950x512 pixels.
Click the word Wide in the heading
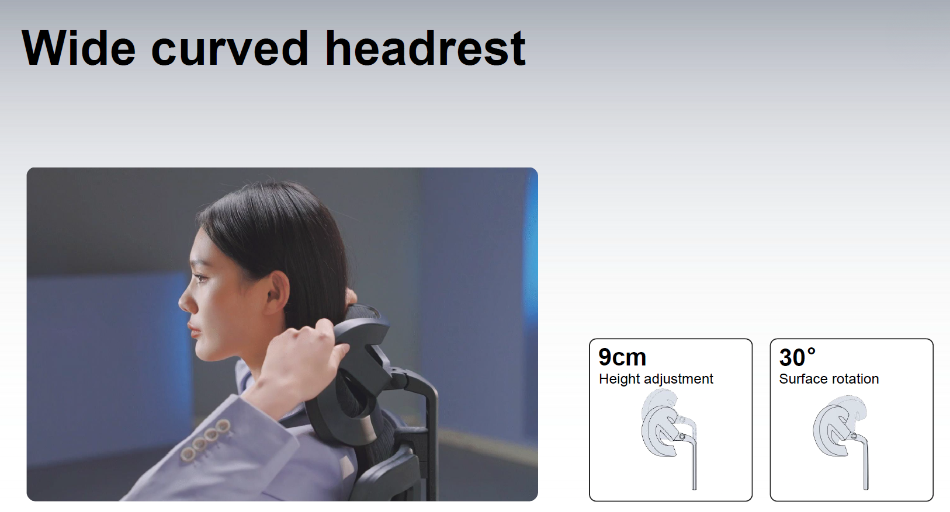click(x=78, y=47)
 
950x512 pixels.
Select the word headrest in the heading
click(x=425, y=47)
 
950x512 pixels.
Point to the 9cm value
click(x=622, y=357)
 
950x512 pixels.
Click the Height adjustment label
click(x=656, y=378)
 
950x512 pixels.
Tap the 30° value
click(x=798, y=357)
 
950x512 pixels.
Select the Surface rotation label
click(x=828, y=378)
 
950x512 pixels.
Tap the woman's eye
click(x=200, y=278)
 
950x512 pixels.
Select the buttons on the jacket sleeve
click(x=205, y=440)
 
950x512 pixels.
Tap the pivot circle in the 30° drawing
click(x=853, y=436)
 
